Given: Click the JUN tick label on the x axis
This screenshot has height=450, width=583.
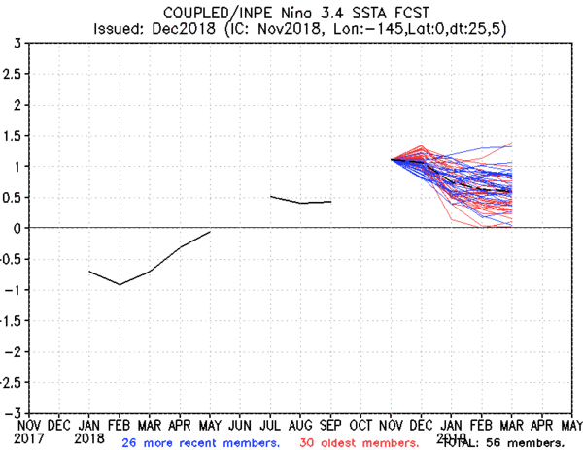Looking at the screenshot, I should (x=240, y=425).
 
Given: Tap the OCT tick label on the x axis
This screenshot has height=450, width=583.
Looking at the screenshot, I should (x=361, y=425).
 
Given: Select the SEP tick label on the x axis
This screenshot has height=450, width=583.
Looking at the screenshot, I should (x=330, y=425).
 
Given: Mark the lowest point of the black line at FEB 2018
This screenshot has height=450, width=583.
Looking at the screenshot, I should (x=120, y=284).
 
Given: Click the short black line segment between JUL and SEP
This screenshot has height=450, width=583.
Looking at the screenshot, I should (x=300, y=201).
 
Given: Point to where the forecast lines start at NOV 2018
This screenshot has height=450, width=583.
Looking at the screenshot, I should (x=392, y=160).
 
